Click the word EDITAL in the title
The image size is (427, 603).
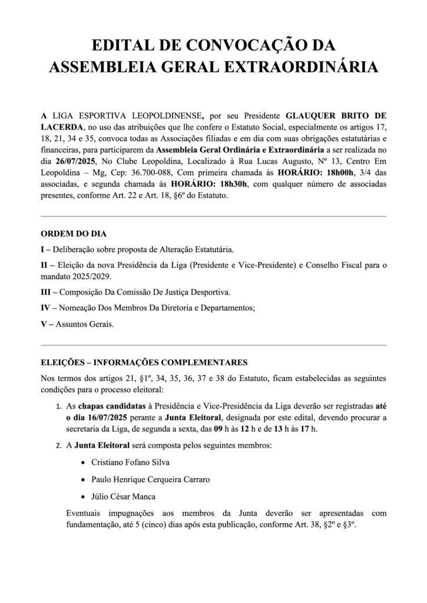point(124,47)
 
